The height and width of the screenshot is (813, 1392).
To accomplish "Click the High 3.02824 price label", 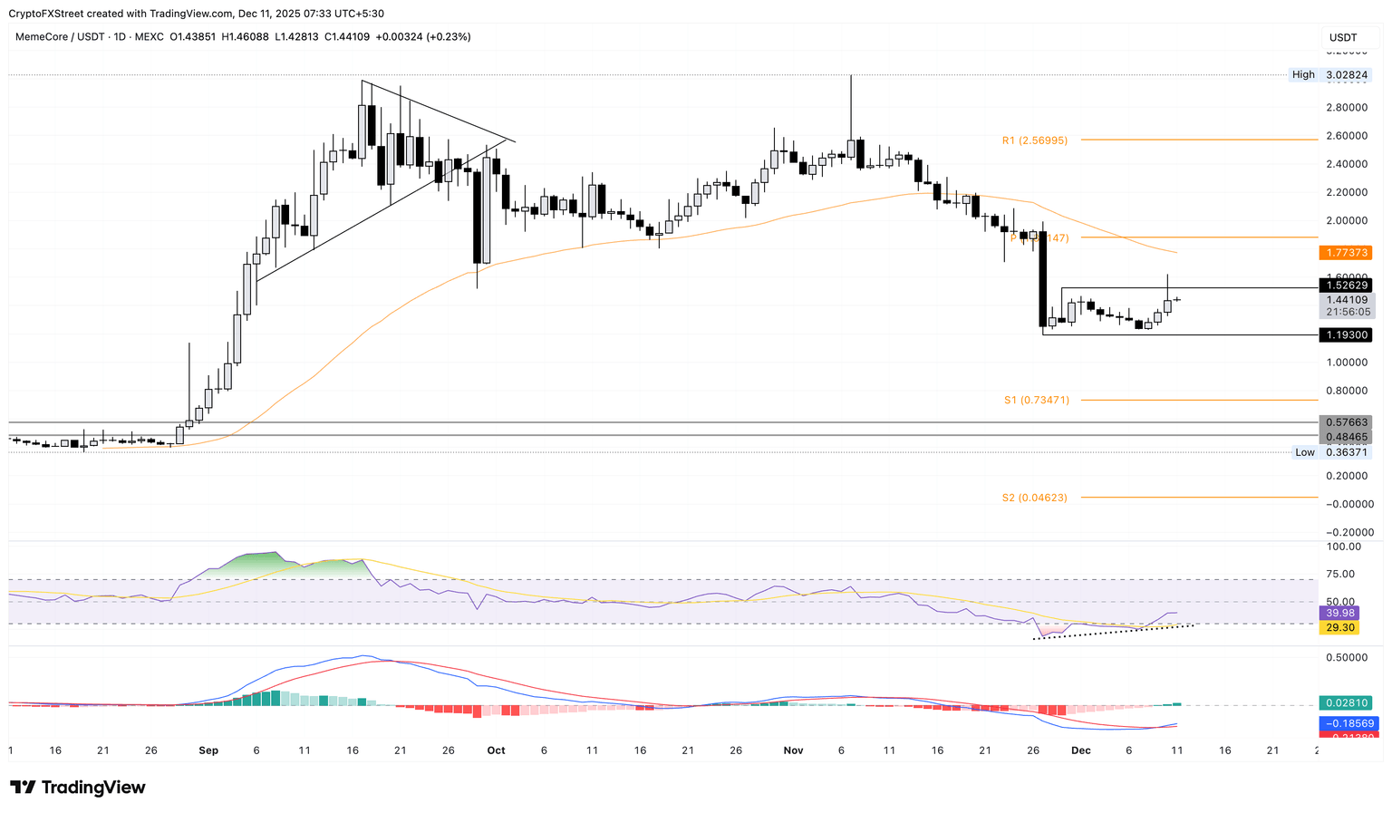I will coord(1330,74).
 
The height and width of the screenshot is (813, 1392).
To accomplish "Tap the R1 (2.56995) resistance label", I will coord(1034,140).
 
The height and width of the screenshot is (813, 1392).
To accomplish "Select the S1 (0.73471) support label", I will coord(1036,400).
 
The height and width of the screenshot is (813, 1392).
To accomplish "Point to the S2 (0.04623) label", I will coord(1034,498).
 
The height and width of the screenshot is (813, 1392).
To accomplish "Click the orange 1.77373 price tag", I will coord(1346,253).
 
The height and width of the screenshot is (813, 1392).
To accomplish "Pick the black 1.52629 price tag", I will coord(1346,286).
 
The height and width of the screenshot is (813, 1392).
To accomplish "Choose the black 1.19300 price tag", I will coord(1346,335).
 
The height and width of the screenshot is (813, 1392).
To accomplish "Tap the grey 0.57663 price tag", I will coord(1346,422).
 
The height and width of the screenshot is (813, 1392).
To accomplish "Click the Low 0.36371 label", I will coord(1330,452).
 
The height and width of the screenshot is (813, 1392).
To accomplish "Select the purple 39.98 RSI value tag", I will coord(1340,614).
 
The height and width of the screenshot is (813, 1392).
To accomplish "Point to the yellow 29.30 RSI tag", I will coord(1340,627).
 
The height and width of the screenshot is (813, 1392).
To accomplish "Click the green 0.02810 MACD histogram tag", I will coord(1346,702).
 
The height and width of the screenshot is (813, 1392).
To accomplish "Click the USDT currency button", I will coord(1343,37).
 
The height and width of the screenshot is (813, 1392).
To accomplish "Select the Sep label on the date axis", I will coord(208,750).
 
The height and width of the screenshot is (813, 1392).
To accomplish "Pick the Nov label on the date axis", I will coord(793,750).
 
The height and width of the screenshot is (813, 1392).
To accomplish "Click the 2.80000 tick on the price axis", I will coord(1346,108).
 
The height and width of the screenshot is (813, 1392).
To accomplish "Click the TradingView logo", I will coord(78,788).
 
